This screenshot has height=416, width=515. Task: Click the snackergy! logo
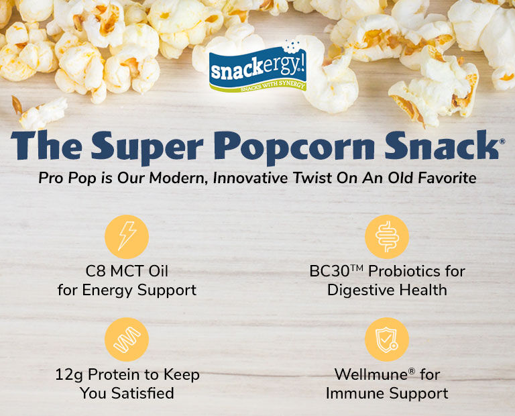[257, 67]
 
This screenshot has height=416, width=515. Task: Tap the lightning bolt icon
[127, 237]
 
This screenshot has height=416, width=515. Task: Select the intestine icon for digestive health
[387, 237]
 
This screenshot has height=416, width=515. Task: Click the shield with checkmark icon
[387, 340]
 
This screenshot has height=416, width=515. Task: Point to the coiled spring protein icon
[127, 340]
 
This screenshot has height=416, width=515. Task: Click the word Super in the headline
[148, 147]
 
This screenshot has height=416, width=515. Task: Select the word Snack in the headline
[442, 145]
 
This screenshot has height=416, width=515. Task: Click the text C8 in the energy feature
[95, 272]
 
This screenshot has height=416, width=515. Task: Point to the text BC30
[329, 272]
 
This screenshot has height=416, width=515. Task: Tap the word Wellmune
[371, 374]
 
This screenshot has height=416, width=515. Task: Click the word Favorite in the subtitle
[447, 178]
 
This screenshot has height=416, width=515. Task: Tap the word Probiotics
[404, 272]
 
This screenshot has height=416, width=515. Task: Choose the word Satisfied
[143, 393]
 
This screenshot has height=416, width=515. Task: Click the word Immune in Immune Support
[355, 393]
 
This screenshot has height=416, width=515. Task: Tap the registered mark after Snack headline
[502, 142]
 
